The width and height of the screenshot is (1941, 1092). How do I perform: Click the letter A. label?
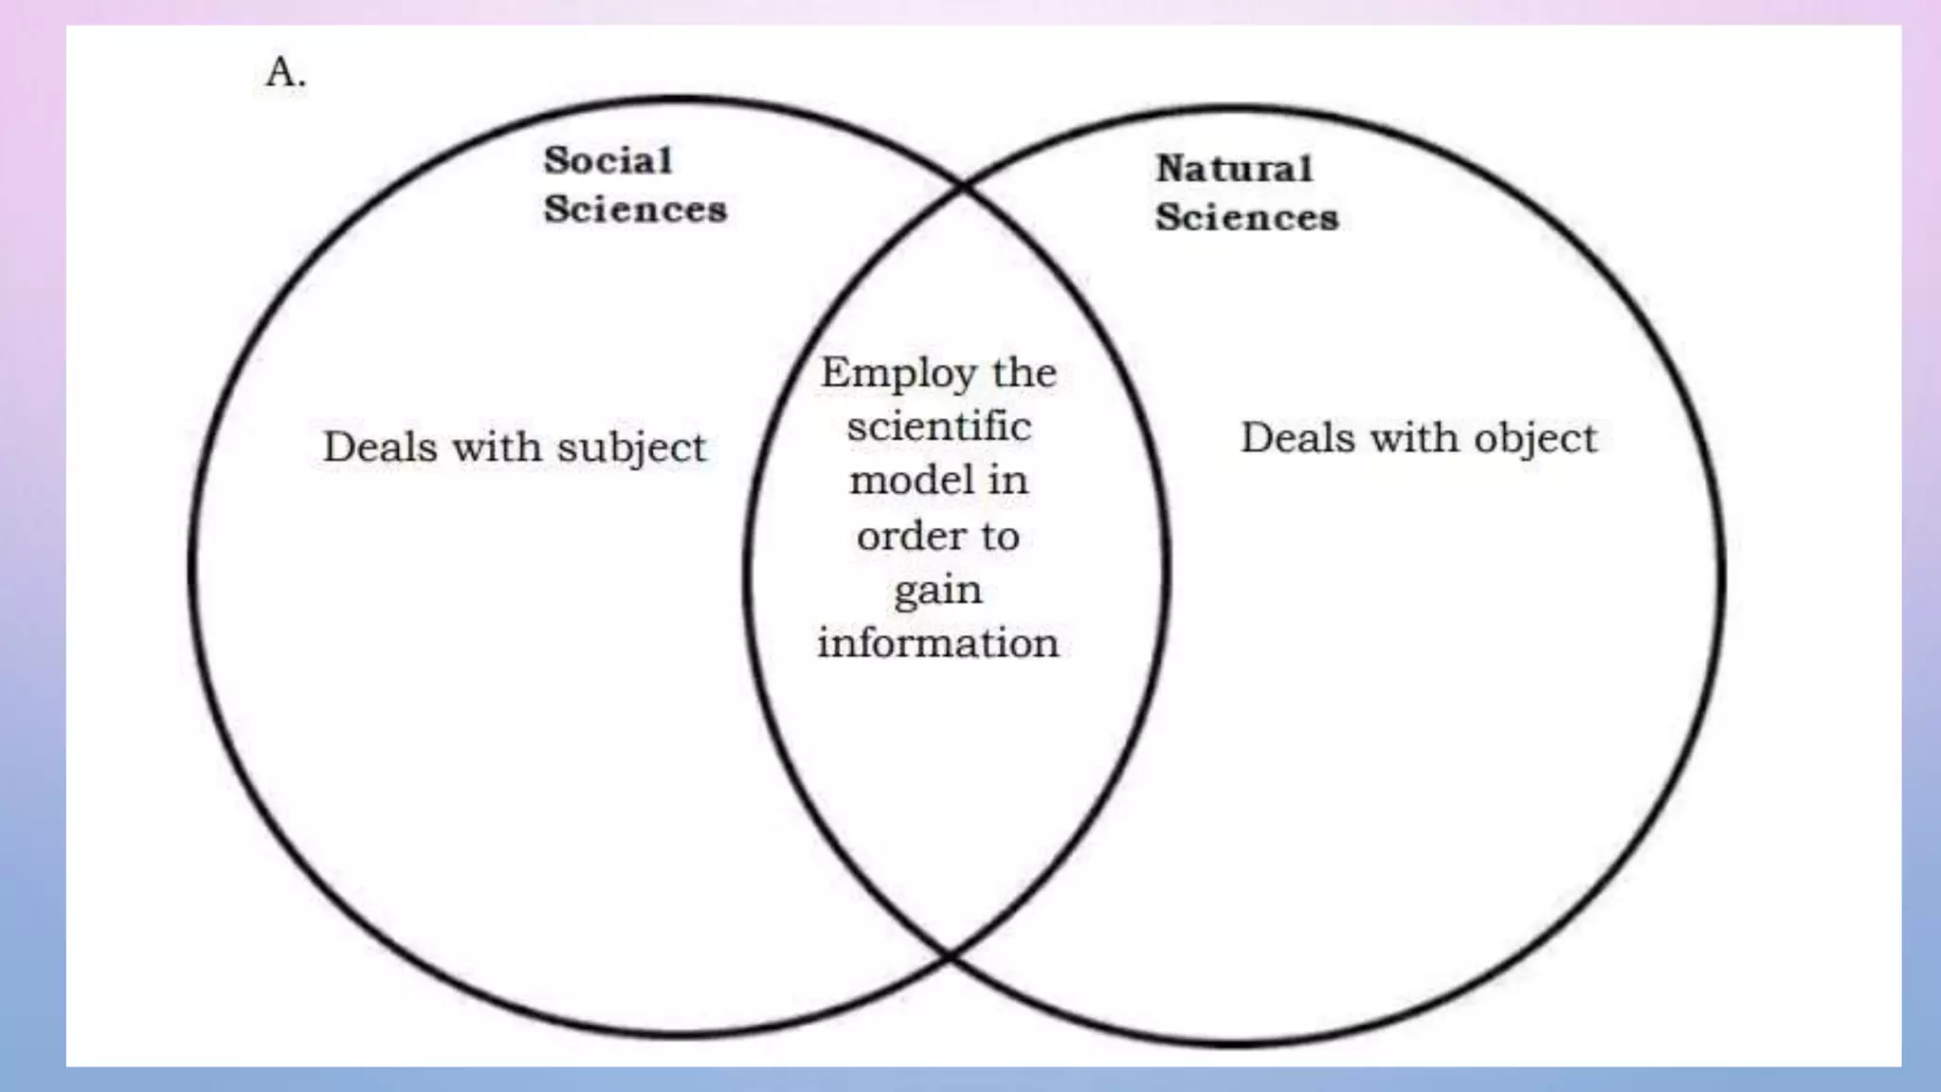285,72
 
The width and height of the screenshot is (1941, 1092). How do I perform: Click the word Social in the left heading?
608,160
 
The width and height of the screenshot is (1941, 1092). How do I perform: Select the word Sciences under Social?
635,209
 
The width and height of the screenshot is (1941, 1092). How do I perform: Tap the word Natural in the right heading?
1234,169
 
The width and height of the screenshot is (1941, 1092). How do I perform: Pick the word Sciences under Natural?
1246,218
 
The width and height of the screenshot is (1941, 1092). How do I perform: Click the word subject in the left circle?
631,447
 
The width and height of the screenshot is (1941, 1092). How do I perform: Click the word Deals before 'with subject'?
379,446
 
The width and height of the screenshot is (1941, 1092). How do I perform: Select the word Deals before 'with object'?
1297,438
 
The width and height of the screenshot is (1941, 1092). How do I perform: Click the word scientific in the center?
938,427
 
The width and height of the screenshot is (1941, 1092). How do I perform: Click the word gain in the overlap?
937,591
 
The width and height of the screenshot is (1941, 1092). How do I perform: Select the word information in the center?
937,644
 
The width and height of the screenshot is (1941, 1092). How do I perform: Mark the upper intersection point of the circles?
963,186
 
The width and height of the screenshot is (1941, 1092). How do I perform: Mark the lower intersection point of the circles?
949,955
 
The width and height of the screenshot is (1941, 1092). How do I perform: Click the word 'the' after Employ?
1024,373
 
